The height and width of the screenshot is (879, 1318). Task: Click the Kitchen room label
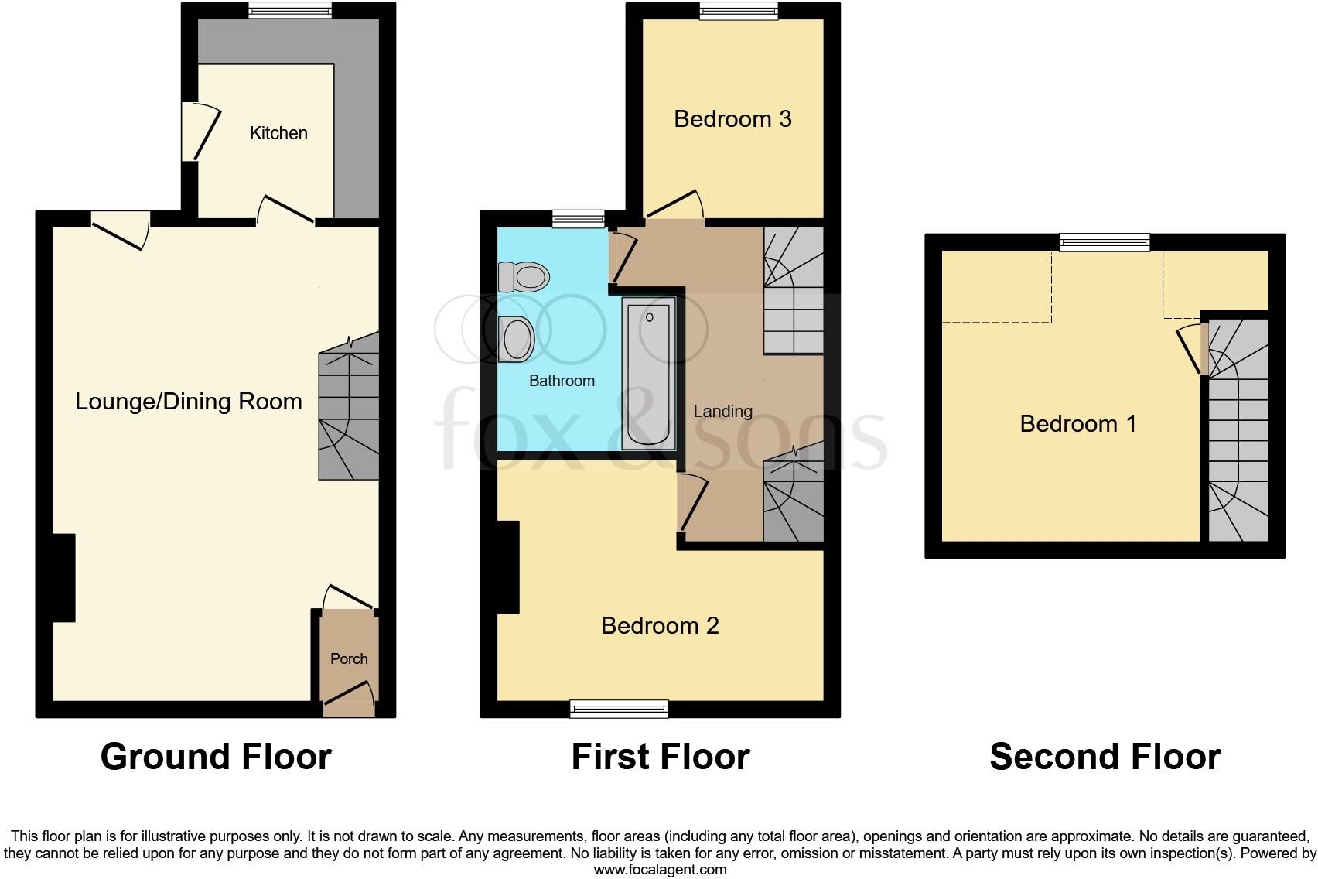tap(278, 133)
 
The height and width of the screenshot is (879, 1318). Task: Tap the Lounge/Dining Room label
tap(188, 401)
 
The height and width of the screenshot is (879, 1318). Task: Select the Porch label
tap(349, 658)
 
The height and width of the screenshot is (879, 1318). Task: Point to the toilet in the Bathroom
tap(524, 276)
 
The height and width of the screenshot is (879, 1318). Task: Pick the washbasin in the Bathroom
tap(516, 339)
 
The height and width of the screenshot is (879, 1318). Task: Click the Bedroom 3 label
tap(732, 118)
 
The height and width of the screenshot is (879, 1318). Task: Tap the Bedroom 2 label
tap(660, 625)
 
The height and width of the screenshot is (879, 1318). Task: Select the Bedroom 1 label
tap(1077, 423)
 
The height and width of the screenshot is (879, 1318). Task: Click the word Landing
tap(722, 411)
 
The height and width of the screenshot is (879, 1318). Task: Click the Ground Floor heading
tap(216, 756)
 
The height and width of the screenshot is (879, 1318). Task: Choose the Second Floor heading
tap(1105, 756)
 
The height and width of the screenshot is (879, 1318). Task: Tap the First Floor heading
tap(660, 756)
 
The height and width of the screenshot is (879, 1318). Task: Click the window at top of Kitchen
tap(290, 10)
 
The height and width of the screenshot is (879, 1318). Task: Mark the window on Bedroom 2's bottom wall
tap(619, 709)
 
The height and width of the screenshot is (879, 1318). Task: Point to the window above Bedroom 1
tap(1105, 242)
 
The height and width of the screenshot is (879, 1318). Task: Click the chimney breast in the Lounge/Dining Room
tap(63, 577)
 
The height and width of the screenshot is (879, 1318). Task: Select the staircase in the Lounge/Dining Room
tap(349, 416)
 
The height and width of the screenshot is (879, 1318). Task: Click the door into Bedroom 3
tap(675, 205)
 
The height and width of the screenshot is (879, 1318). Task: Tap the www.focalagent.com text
tap(660, 869)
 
